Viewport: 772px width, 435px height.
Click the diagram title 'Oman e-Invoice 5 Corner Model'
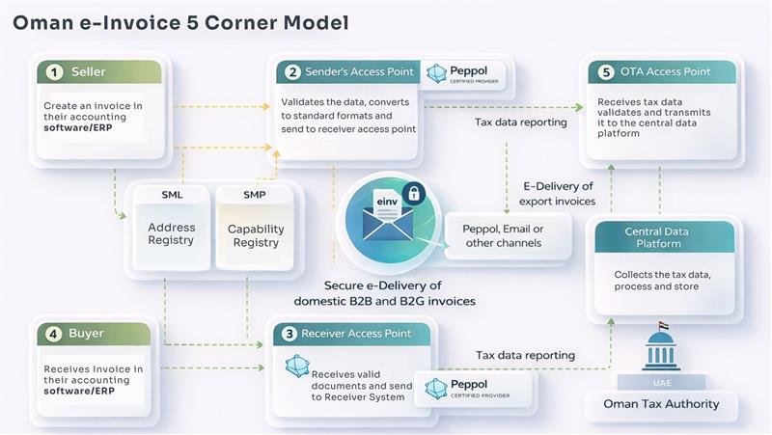(x=181, y=21)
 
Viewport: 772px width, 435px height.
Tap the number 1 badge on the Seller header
(x=56, y=72)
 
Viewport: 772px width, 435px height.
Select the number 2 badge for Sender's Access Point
(x=292, y=72)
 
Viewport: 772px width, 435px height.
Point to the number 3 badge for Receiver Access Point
(x=289, y=334)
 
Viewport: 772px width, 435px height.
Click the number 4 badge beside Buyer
(x=56, y=334)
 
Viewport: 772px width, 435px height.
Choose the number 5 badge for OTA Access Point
(x=606, y=72)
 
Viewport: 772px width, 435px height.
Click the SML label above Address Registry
(x=171, y=195)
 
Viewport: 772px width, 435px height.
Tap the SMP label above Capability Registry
(x=255, y=195)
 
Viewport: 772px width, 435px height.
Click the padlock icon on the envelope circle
(x=412, y=193)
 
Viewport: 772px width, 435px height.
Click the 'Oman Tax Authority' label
(x=660, y=404)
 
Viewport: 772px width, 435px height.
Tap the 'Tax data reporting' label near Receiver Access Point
(x=525, y=355)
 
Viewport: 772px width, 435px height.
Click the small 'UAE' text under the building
(x=660, y=381)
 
